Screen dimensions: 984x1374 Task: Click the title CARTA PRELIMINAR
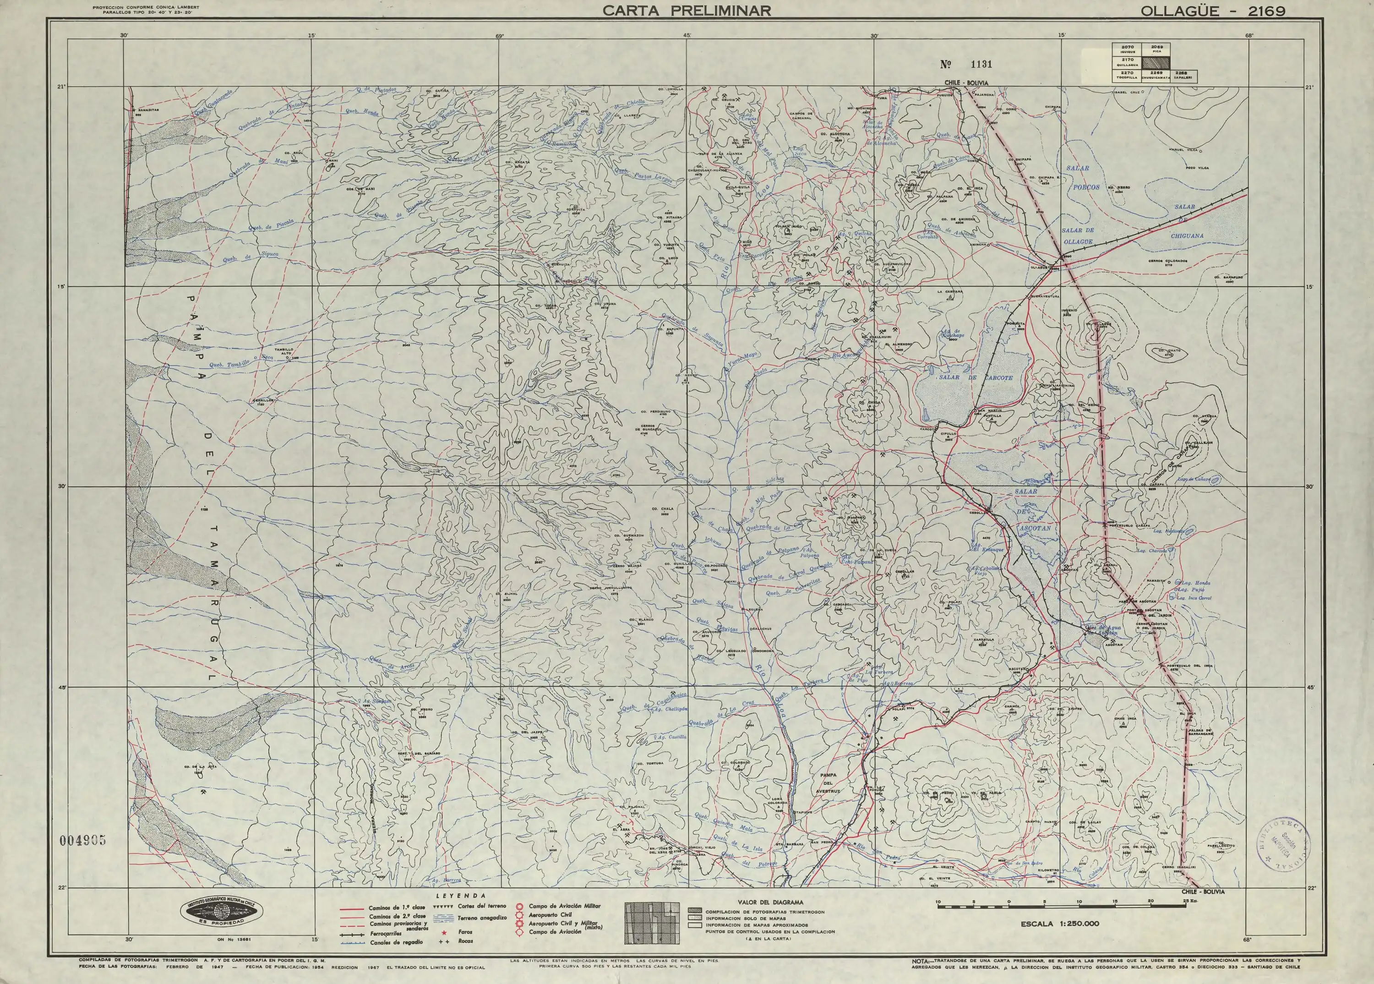click(687, 10)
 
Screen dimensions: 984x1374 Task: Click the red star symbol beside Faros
click(444, 932)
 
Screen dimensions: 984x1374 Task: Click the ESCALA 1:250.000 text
click(1059, 924)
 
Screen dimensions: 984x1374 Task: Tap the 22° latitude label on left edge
click(60, 888)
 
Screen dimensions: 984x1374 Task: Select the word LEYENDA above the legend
click(462, 895)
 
